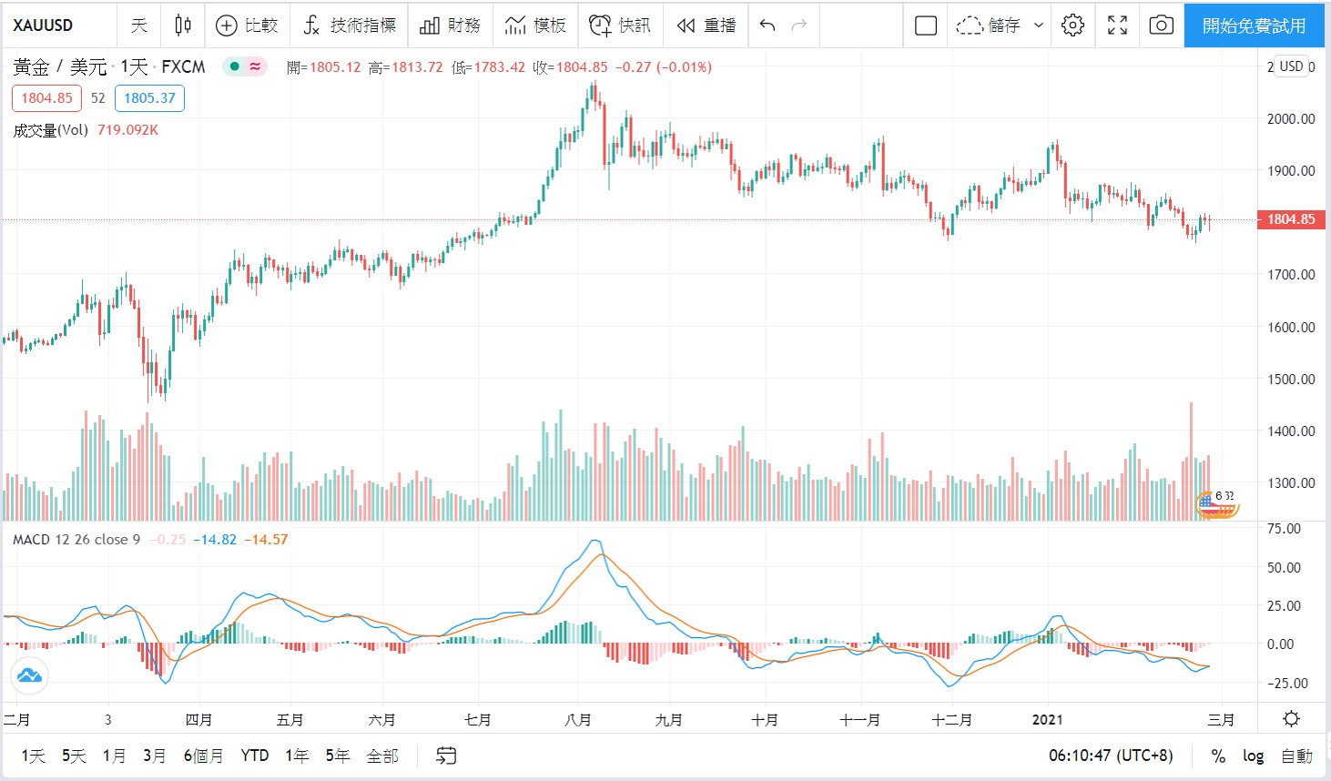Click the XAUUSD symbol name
point(43,25)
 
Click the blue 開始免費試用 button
point(1254,25)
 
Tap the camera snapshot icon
point(1161,25)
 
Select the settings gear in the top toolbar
point(1072,25)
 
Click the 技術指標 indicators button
point(350,25)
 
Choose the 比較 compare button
point(247,25)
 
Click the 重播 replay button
point(706,25)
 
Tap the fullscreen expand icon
point(1117,25)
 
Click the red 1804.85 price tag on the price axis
point(1291,219)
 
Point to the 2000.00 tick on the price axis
point(1291,118)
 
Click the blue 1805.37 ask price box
point(149,98)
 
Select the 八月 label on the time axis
point(577,720)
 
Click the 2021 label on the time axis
point(1048,720)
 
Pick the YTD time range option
point(255,756)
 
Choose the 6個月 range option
point(203,756)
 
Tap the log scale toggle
point(1253,756)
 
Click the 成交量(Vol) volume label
point(51,130)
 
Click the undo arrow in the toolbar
point(767,25)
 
